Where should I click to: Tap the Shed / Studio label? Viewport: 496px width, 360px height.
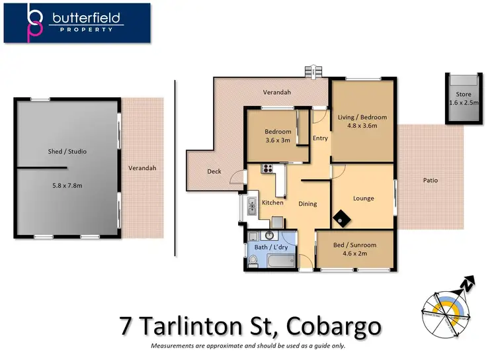click(67, 152)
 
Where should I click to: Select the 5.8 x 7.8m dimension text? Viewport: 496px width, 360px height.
click(67, 185)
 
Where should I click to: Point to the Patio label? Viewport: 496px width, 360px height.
click(430, 180)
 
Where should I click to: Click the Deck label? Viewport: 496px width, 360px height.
click(214, 171)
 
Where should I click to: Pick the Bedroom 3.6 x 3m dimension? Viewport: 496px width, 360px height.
click(278, 140)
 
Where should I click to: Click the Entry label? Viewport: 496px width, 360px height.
click(320, 138)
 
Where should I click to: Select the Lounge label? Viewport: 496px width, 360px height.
click(363, 199)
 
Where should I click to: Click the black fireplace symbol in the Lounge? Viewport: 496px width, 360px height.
click(343, 217)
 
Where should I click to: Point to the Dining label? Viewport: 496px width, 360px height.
click(308, 204)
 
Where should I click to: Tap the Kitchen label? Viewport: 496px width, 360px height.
click(272, 202)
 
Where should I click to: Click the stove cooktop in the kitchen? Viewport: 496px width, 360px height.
click(269, 168)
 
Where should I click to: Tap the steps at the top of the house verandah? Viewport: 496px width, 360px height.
click(311, 71)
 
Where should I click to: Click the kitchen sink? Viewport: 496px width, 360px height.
click(252, 207)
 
